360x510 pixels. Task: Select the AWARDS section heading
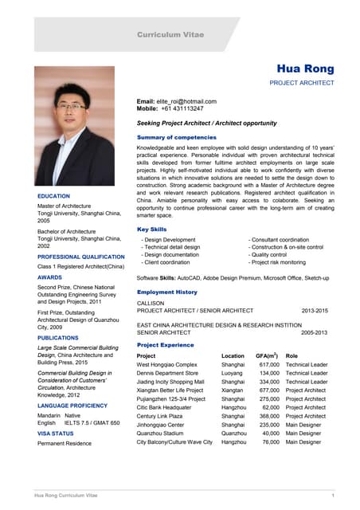[49, 278]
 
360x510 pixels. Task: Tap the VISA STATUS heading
[56, 433]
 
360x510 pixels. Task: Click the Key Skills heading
[152, 229]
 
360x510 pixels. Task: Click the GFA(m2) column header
[267, 355]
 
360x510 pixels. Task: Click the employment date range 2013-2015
[314, 311]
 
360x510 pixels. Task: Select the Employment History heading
[166, 292]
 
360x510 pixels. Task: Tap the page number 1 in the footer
[331, 496]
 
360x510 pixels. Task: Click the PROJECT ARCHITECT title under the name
[302, 82]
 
